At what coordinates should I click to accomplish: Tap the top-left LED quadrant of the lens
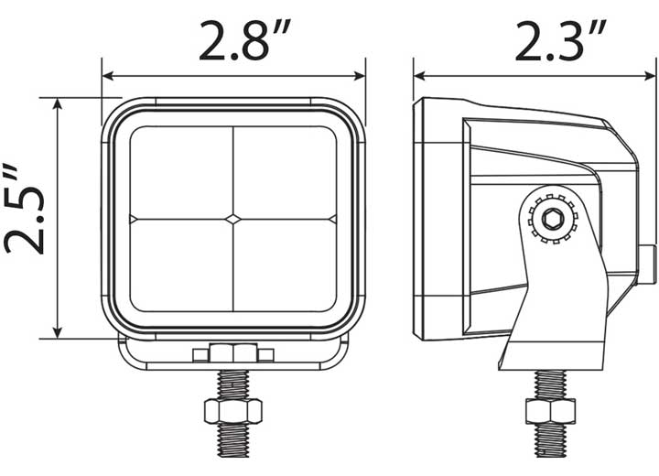click(x=181, y=171)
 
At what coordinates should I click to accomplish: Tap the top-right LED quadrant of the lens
click(x=285, y=171)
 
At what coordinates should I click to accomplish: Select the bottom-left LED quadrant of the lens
click(x=181, y=265)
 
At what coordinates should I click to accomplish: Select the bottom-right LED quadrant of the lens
click(x=285, y=265)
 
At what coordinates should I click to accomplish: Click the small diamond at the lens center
click(x=233, y=219)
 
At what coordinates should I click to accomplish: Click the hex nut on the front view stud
click(x=233, y=410)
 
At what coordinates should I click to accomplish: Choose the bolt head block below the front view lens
click(x=233, y=352)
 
